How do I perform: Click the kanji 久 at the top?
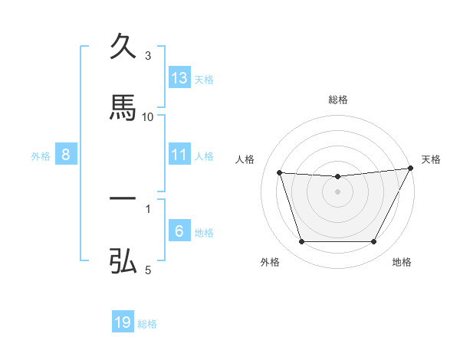pos(123,46)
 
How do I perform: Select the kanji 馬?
pos(123,106)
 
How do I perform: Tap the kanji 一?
pos(123,198)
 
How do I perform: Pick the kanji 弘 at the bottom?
pos(123,260)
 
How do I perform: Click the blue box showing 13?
pos(179,78)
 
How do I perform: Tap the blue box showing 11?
pos(179,155)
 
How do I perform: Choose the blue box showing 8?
pos(66,155)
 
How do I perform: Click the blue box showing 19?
pos(123,322)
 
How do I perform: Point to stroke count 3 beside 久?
pos(149,56)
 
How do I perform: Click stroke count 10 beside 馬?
pos(148,116)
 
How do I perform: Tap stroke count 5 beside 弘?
pos(149,270)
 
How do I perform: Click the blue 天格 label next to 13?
pos(204,79)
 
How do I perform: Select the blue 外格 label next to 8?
pos(41,155)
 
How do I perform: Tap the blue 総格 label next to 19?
pos(147,323)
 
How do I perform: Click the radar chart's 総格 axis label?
pos(338,100)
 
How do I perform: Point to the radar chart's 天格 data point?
pos(411,169)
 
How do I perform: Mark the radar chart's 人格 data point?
pos(280,173)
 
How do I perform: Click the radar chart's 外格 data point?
pos(301,242)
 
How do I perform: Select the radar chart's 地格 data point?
pos(374,242)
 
